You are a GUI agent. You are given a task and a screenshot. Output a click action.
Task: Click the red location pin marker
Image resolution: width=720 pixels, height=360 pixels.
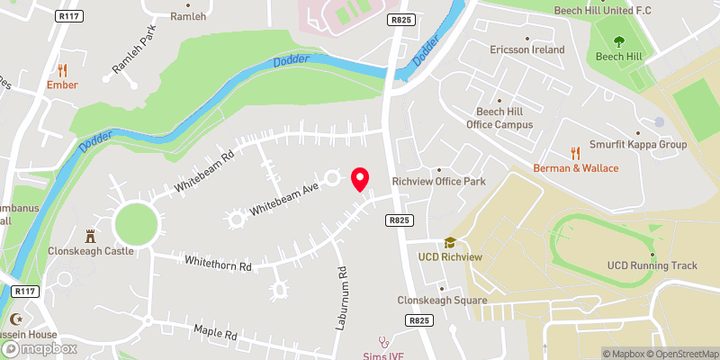360,179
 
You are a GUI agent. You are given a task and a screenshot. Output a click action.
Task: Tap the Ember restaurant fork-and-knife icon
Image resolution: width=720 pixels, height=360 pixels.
62,70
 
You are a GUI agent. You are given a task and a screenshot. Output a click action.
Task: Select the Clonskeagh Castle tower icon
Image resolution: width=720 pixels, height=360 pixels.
90,236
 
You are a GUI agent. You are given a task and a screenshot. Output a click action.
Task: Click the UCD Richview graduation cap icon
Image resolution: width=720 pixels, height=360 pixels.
450,242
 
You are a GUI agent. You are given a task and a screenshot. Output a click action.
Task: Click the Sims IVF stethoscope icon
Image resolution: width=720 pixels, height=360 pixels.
384,341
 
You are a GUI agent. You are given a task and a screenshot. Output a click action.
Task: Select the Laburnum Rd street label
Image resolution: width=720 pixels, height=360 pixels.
342,298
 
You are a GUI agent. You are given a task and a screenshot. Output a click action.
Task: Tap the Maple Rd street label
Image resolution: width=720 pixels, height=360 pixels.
215,333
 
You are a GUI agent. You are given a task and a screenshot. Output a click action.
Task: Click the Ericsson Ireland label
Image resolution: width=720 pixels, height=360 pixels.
526,50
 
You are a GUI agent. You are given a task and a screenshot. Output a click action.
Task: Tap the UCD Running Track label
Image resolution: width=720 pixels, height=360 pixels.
652,265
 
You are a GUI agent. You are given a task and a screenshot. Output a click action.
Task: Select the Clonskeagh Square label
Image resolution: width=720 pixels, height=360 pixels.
442,301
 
